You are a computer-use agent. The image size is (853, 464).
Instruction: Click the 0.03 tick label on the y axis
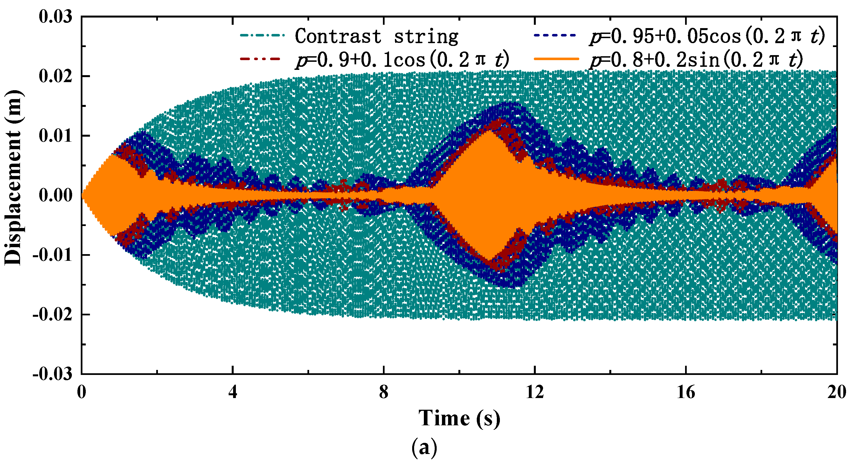pos(55,16)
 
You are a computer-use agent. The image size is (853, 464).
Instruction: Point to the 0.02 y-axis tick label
pos(55,77)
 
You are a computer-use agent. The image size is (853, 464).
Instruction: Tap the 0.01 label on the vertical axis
pos(55,136)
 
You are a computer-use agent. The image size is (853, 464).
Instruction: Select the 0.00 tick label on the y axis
pos(55,195)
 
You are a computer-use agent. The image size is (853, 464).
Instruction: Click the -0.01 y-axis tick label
pos(52,255)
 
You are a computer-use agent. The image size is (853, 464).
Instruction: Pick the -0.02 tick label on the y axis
pos(52,315)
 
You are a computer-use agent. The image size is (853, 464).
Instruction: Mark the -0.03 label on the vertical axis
pos(52,374)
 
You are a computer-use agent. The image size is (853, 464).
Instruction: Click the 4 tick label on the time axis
pos(233,392)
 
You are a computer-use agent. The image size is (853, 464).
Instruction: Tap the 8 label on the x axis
pos(383,392)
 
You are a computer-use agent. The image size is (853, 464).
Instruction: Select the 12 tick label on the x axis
pos(535,392)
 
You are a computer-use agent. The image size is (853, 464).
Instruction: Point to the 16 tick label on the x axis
pos(685,392)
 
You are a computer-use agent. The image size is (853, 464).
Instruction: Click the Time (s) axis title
pos(459,418)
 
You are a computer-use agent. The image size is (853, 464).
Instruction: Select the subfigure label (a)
pos(424,448)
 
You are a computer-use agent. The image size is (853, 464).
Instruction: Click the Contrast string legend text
pos(377,36)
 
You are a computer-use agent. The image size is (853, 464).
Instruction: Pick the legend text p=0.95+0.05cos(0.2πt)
pos(707,36)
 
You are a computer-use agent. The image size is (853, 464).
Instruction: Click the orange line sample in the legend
pos(556,59)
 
